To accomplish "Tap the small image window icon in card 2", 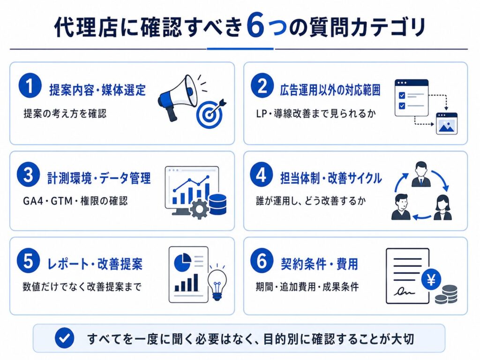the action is [x=447, y=123].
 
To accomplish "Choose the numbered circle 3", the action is [x=28, y=174].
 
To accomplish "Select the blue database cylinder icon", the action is [x=217, y=204].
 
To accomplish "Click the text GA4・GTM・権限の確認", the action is [x=75, y=201].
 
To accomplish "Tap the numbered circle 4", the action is [x=261, y=174].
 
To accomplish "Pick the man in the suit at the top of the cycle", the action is [x=421, y=174].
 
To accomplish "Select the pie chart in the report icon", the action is [x=182, y=262].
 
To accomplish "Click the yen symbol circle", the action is [x=431, y=279].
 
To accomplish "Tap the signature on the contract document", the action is [x=404, y=291].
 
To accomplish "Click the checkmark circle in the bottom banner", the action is [x=64, y=338].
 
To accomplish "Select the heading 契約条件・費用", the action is [x=319, y=264].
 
